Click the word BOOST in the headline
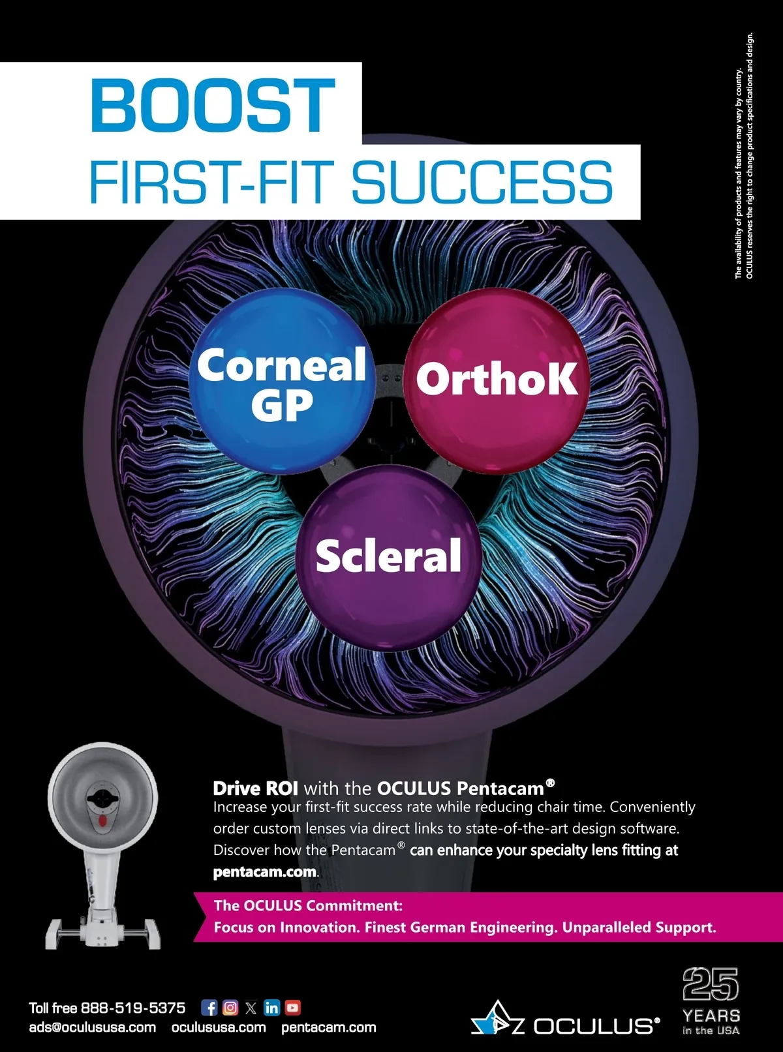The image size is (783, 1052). pos(213,104)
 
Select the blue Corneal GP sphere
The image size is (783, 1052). pos(282,382)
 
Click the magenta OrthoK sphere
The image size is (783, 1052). pos(497,380)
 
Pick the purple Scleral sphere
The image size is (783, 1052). pos(389,558)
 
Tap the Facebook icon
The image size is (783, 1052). pos(209,1008)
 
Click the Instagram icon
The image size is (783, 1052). pos(230,1008)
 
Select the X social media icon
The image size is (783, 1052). pos(251,1008)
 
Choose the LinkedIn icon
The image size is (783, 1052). pos(271,1008)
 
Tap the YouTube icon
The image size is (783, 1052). pos(293,1008)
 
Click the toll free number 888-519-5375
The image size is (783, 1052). pos(133,1008)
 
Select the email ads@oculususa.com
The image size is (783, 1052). pos(93,1027)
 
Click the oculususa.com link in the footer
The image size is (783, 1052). pos(219,1027)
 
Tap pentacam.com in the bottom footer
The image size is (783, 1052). pos(329,1027)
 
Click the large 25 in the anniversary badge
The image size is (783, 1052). pos(711,984)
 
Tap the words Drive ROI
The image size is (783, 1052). pos(255,789)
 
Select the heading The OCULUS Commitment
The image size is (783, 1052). pos(308,905)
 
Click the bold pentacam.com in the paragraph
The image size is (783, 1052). pos(264,872)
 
